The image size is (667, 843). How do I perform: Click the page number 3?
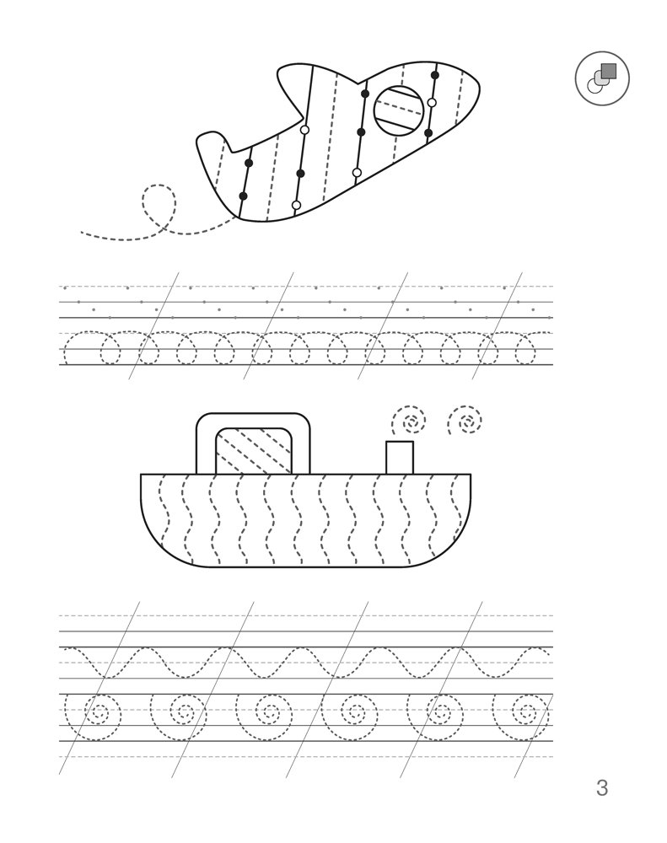[602, 787]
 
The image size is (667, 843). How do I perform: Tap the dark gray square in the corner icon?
[609, 71]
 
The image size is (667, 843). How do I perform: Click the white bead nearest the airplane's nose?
[432, 102]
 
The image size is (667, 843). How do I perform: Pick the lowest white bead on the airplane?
[296, 205]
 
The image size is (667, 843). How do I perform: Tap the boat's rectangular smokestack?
[400, 458]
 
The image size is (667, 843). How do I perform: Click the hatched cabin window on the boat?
[254, 450]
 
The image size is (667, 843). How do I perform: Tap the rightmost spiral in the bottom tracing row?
[524, 716]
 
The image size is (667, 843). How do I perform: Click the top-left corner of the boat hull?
[141, 474]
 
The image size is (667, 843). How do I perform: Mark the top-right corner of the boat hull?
[471, 474]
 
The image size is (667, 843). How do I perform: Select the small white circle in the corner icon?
[594, 85]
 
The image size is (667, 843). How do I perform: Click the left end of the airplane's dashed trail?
[82, 233]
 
